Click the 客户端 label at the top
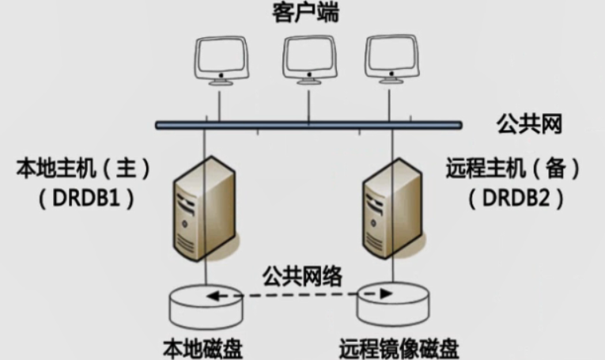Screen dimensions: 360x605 point(305,13)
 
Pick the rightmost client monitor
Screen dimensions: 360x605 point(390,59)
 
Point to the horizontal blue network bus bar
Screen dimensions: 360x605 point(308,124)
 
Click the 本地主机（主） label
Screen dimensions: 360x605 point(83,169)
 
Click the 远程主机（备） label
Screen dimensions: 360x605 point(513,169)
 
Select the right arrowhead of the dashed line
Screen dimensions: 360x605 point(385,293)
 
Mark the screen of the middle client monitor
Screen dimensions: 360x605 point(308,55)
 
